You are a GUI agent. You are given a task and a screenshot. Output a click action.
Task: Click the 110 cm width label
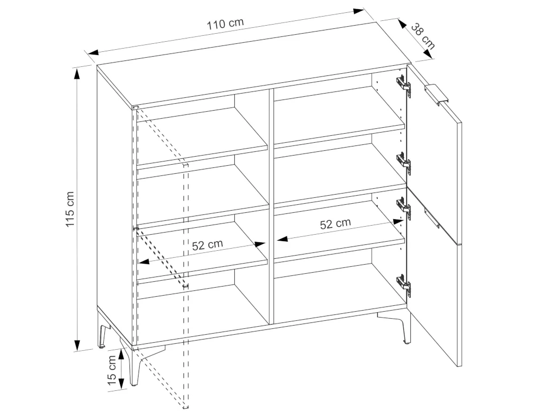(x=225, y=23)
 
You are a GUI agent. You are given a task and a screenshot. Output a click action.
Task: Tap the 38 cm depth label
(x=423, y=36)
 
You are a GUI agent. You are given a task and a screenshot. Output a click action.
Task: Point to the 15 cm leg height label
(x=112, y=371)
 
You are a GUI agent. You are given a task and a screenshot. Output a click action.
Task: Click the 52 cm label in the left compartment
(x=208, y=244)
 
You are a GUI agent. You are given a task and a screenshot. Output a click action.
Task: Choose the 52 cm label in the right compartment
(x=335, y=224)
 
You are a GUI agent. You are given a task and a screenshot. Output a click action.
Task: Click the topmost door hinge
(x=403, y=83)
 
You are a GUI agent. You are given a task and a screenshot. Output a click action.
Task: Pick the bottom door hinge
(x=403, y=283)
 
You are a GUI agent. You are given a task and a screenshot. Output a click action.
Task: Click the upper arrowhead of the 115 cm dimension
(x=78, y=73)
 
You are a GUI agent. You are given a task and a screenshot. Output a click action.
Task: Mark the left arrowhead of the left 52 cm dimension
(x=143, y=262)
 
